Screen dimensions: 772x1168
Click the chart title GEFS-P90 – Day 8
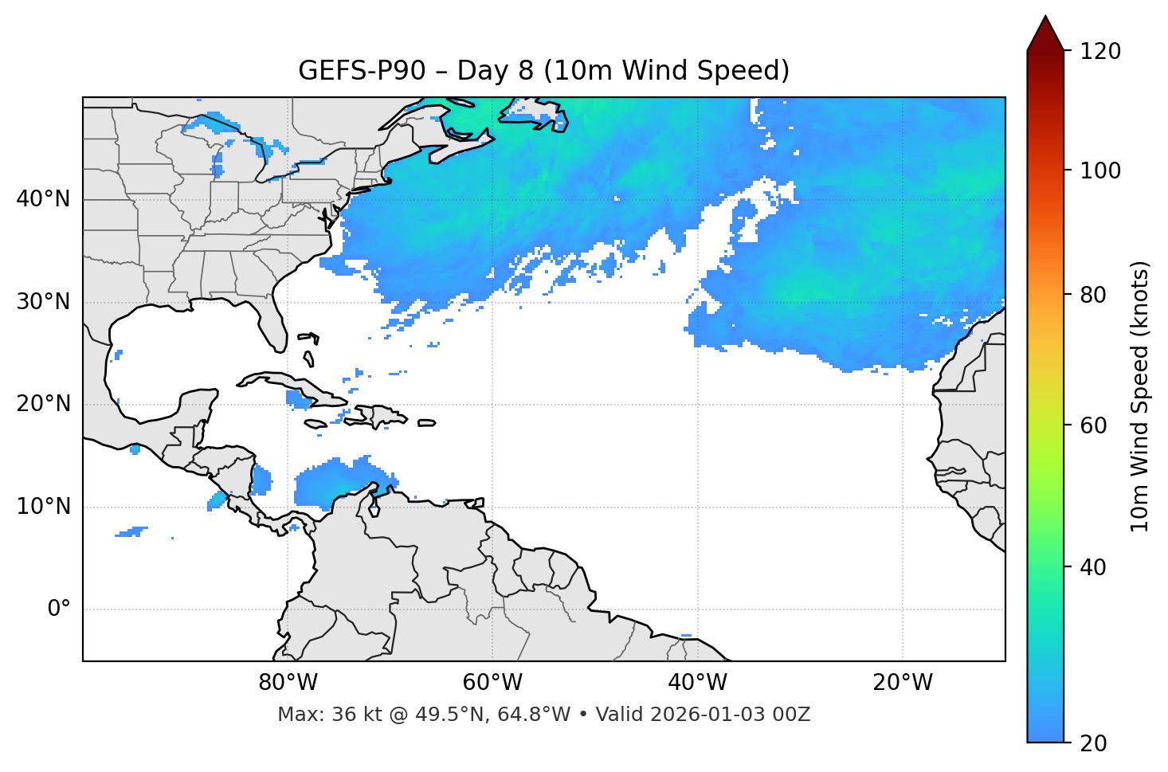pyautogui.click(x=543, y=71)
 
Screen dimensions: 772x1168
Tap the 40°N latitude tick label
pyautogui.click(x=43, y=199)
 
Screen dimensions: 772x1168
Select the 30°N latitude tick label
pyautogui.click(x=43, y=302)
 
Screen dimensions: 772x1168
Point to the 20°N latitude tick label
pyautogui.click(x=43, y=404)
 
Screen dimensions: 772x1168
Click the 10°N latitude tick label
pyautogui.click(x=43, y=507)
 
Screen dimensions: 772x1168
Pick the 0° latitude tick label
pyautogui.click(x=59, y=609)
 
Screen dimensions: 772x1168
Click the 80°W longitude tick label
pyautogui.click(x=288, y=683)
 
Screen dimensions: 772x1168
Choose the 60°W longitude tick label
pyautogui.click(x=492, y=683)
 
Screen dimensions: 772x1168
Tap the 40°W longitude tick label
pyautogui.click(x=697, y=683)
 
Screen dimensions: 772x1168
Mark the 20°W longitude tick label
pyautogui.click(x=902, y=683)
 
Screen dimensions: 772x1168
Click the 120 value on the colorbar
pyautogui.click(x=1099, y=52)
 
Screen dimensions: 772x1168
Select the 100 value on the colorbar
pyautogui.click(x=1099, y=170)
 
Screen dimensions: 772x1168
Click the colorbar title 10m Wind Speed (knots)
pyautogui.click(x=1140, y=397)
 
